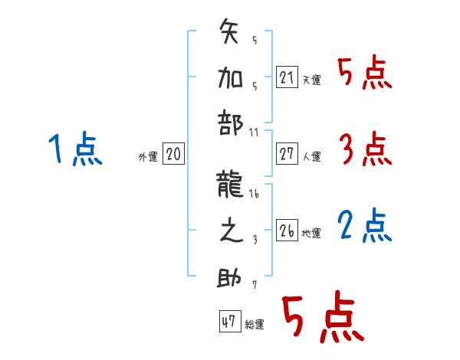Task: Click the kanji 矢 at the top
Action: (x=229, y=34)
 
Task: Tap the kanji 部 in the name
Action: (x=229, y=122)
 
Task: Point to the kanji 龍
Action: (x=229, y=184)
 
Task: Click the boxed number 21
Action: (x=287, y=77)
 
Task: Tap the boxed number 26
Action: (x=287, y=231)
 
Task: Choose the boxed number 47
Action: (x=228, y=322)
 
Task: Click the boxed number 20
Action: (x=173, y=155)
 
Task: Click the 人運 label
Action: (x=311, y=157)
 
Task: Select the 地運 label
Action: (x=311, y=233)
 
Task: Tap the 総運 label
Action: (x=254, y=325)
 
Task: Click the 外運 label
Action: (x=147, y=157)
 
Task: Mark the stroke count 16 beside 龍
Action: (x=255, y=195)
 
